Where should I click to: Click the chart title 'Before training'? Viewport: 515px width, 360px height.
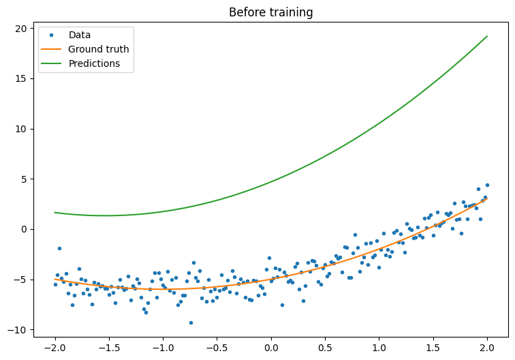(270, 12)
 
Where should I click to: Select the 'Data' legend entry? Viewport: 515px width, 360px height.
(79, 35)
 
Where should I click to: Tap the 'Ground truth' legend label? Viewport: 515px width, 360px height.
(98, 49)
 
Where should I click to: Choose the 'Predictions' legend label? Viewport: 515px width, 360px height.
(94, 63)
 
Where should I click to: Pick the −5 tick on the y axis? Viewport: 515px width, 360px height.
(18, 280)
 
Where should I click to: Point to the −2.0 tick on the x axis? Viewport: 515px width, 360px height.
(54, 346)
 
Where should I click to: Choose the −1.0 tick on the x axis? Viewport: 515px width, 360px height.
(162, 346)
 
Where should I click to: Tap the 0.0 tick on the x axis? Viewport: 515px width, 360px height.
(271, 346)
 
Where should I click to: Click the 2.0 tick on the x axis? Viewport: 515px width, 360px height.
(487, 346)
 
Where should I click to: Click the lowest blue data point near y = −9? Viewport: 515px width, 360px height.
(191, 322)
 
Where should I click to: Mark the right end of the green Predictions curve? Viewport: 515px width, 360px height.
(487, 36)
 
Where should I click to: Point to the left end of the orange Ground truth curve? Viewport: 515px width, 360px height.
(55, 279)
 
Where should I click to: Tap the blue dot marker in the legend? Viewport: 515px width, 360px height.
(52, 35)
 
